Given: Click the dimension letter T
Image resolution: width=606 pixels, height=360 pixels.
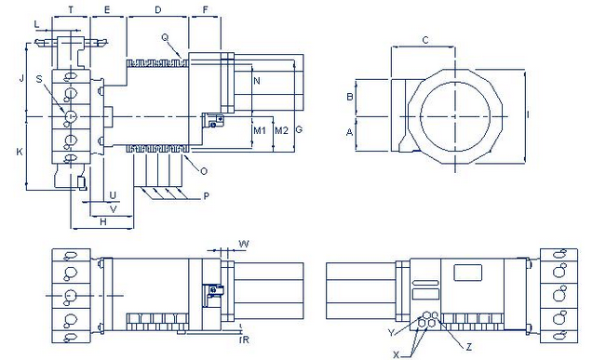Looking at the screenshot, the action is coord(71,9).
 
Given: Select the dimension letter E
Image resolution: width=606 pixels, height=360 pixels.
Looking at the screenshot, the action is coord(107,9).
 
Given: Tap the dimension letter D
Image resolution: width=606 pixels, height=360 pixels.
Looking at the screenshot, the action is coord(157,9).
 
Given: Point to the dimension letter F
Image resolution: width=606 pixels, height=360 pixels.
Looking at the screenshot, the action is coord(205,9).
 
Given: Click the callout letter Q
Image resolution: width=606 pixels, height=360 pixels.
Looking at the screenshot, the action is coord(165,37).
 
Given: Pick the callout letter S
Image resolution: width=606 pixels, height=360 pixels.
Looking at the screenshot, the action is coord(39,79).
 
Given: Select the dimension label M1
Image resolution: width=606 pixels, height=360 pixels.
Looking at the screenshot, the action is coord(260,130).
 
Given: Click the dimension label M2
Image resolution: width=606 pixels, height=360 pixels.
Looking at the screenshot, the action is coord(281,130).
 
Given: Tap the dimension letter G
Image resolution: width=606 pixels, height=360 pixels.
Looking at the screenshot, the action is coord(299,130).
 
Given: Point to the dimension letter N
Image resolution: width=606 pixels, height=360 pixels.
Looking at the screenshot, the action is coord(257,81).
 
